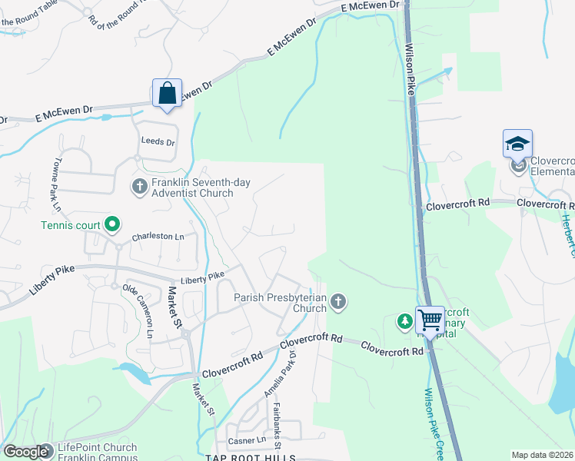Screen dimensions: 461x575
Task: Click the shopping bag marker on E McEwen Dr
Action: [x=167, y=94]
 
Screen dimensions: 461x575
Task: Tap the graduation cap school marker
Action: [x=517, y=144]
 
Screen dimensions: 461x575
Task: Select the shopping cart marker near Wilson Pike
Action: [x=430, y=320]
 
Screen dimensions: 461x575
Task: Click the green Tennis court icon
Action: [x=112, y=225]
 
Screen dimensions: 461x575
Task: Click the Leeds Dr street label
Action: [x=158, y=142]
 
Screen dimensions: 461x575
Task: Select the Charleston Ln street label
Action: [x=158, y=237]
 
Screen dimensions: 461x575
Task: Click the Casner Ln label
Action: [x=247, y=441]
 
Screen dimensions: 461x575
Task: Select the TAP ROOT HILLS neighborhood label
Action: [x=250, y=457]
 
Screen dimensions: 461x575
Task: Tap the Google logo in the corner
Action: [x=25, y=452]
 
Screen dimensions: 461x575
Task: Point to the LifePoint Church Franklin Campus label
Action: [x=96, y=451]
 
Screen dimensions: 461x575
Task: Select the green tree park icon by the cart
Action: [x=404, y=321]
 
